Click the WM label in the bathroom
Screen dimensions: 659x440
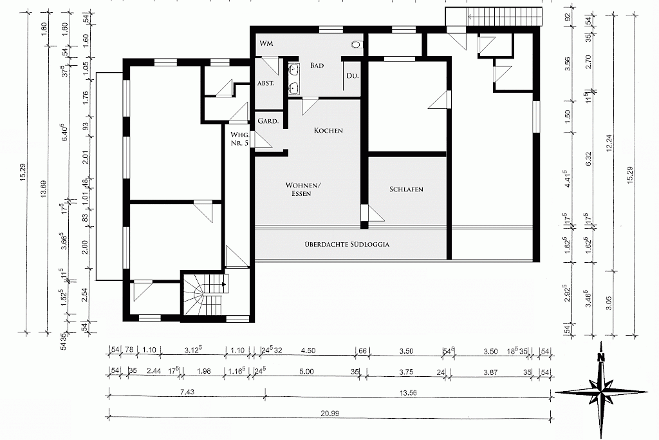click(x=266, y=43)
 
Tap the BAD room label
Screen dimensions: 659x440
click(x=317, y=65)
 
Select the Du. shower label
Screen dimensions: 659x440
click(x=352, y=76)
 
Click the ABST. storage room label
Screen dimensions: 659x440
click(x=266, y=83)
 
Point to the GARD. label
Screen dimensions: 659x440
click(x=268, y=121)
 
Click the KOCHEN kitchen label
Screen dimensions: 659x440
click(x=328, y=130)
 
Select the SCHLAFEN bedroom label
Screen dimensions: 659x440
click(x=406, y=189)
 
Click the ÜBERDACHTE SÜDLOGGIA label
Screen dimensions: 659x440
click(x=347, y=244)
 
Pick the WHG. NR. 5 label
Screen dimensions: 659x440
click(x=239, y=139)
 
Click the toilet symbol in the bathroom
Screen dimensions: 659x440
click(x=357, y=44)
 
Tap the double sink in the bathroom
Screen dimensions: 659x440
click(x=293, y=78)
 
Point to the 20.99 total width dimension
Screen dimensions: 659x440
click(x=329, y=413)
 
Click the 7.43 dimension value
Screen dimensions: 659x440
click(x=187, y=392)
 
